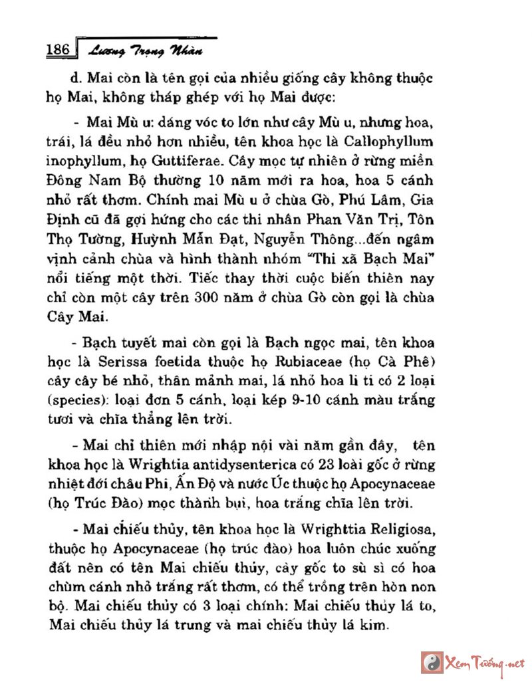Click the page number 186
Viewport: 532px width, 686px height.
58,50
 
